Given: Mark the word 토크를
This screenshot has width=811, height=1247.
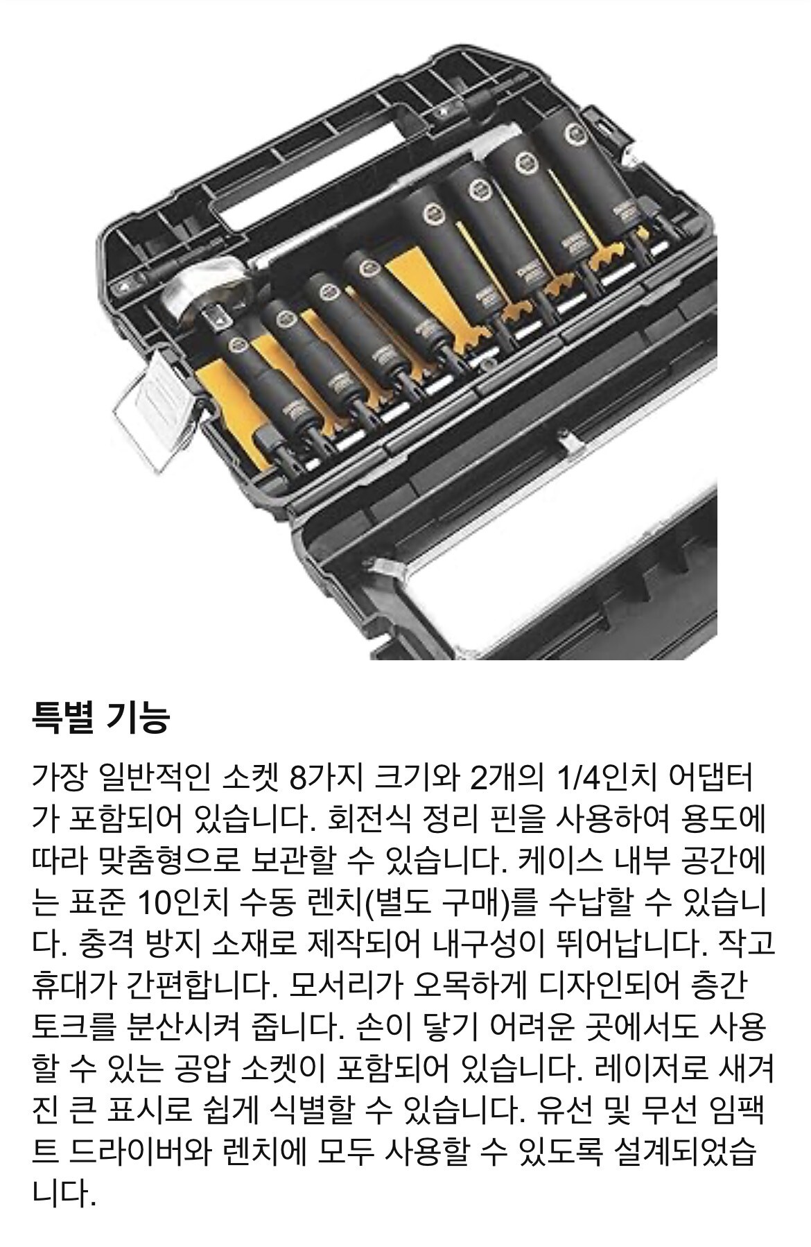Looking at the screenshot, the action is pos(71,1029).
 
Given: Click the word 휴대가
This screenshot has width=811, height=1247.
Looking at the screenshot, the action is pos(72,987).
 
